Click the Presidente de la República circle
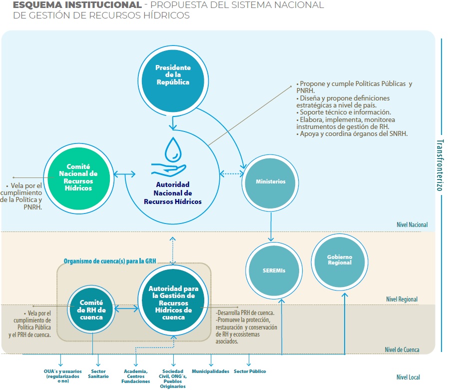click(173, 81)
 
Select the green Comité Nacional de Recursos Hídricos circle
click(78, 178)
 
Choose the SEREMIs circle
click(274, 270)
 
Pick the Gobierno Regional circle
click(340, 262)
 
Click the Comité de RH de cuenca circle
click(91, 309)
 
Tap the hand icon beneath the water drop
click(168, 169)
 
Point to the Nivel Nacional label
click(412, 224)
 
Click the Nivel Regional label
click(402, 299)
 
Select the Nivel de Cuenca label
click(402, 349)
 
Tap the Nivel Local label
click(408, 377)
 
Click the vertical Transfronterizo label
click(440, 165)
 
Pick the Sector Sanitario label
click(98, 374)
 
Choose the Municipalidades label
click(211, 371)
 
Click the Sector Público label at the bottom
click(250, 371)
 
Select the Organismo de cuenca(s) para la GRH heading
click(110, 261)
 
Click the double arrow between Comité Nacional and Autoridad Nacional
click(124, 174)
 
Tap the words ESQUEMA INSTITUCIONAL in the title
click(77, 5)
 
